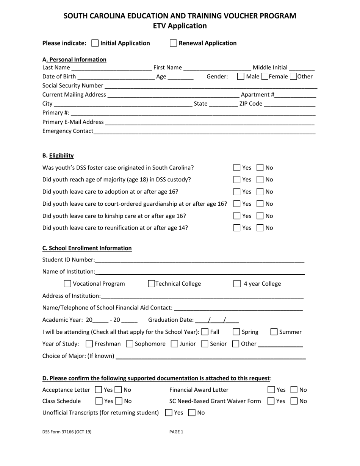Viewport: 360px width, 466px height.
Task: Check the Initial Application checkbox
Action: click(x=95, y=43)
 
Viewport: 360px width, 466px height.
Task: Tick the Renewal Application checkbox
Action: click(x=174, y=43)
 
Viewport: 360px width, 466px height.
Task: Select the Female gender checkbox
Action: click(x=265, y=77)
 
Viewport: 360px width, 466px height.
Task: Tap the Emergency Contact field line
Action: click(x=205, y=132)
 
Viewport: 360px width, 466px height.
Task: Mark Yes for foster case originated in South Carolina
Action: click(x=237, y=167)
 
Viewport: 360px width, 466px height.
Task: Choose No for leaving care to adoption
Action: click(x=260, y=192)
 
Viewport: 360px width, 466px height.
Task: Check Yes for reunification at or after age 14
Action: click(x=237, y=228)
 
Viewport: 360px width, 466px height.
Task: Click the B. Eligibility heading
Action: click(x=58, y=156)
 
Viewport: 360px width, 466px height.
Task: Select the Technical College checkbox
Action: click(x=151, y=284)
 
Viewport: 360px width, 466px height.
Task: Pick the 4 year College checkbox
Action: click(x=237, y=284)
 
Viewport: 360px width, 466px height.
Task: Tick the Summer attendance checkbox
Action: click(x=274, y=332)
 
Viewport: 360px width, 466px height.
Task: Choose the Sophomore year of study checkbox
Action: click(x=129, y=344)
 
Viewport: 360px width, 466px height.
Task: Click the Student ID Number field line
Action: click(x=200, y=261)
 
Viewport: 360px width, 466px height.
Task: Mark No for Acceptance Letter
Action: click(x=118, y=390)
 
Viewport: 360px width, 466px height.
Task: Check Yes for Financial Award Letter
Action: click(x=271, y=390)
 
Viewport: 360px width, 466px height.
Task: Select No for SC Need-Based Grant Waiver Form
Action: click(x=294, y=401)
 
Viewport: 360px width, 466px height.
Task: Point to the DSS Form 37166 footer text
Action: click(x=67, y=432)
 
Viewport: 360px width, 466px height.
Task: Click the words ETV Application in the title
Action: click(x=180, y=26)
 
